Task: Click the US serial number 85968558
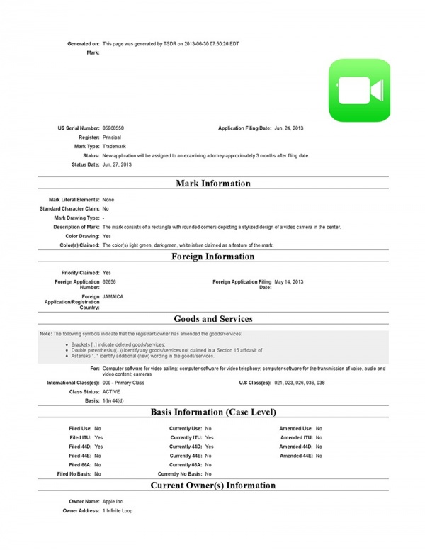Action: [x=113, y=128]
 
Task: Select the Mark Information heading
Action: [x=212, y=184]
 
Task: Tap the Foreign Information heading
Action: [x=212, y=257]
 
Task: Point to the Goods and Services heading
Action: [x=212, y=319]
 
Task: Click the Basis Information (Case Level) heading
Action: [x=212, y=412]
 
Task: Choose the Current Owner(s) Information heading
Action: [x=212, y=486]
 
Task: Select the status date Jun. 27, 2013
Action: [x=117, y=164]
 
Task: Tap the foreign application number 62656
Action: [x=110, y=281]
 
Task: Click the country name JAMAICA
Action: [x=113, y=296]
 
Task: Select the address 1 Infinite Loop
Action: [x=118, y=510]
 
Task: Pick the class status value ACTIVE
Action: [x=111, y=391]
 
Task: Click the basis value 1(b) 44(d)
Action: [x=115, y=400]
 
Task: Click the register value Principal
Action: [x=112, y=137]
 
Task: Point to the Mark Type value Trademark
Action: [x=114, y=146]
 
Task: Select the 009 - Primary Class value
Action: [x=123, y=383]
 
